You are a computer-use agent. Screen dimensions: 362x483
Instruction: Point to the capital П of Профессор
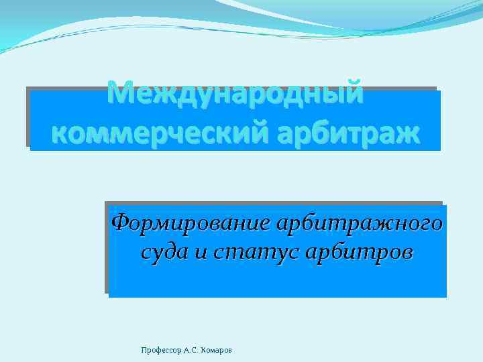click(144, 350)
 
